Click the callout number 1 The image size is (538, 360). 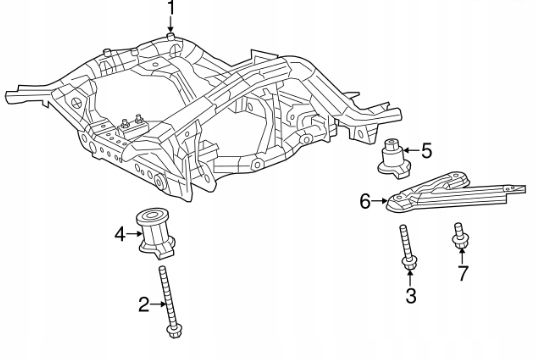(171, 7)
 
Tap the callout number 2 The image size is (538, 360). (144, 304)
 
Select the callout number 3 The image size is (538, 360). (411, 296)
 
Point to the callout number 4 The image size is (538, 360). (120, 234)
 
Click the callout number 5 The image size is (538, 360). (426, 151)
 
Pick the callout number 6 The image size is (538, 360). (365, 201)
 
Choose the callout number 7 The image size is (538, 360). (463, 273)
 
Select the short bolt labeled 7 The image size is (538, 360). (459, 235)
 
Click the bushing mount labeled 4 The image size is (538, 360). (156, 232)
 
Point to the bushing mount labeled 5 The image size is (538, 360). (394, 159)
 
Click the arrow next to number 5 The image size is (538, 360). (412, 150)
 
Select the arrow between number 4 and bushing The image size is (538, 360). (134, 234)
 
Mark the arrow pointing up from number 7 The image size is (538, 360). (462, 256)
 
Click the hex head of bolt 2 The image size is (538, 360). (174, 332)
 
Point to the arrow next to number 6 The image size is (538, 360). (380, 201)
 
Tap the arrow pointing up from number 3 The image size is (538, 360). (410, 278)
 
